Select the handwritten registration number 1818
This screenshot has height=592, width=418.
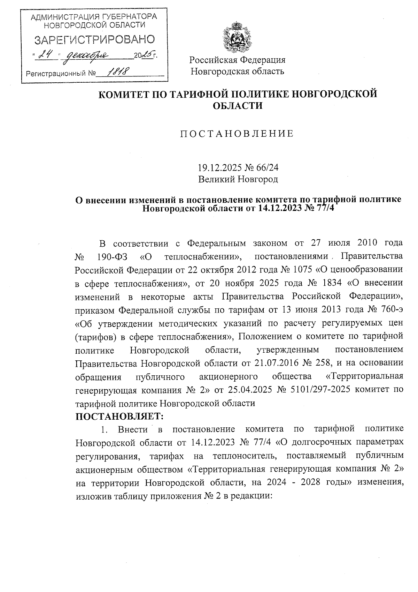click(117, 72)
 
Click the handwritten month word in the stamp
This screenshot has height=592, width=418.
click(87, 55)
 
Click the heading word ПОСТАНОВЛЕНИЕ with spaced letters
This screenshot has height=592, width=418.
click(237, 134)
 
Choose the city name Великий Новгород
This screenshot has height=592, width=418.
click(238, 180)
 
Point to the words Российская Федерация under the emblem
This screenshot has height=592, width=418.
click(237, 60)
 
